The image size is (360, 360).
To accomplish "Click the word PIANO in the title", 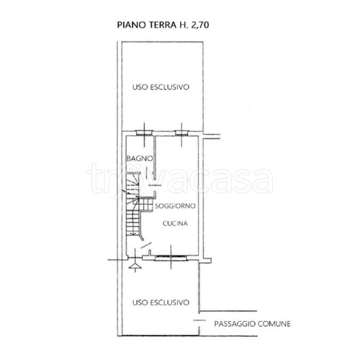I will click(x=129, y=25).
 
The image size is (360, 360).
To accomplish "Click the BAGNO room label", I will click(x=139, y=159).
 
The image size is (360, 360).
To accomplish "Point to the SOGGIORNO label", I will click(x=175, y=206).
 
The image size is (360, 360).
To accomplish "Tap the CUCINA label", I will click(x=175, y=224).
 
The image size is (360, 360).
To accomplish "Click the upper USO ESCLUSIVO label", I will click(x=161, y=87).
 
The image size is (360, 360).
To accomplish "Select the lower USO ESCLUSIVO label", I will click(x=161, y=302).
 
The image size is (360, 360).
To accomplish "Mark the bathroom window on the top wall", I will click(x=144, y=133).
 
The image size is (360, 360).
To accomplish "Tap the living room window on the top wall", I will click(x=181, y=133).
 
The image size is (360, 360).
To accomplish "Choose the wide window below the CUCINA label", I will click(x=170, y=257).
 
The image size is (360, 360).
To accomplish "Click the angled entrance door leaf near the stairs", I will click(x=146, y=245).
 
